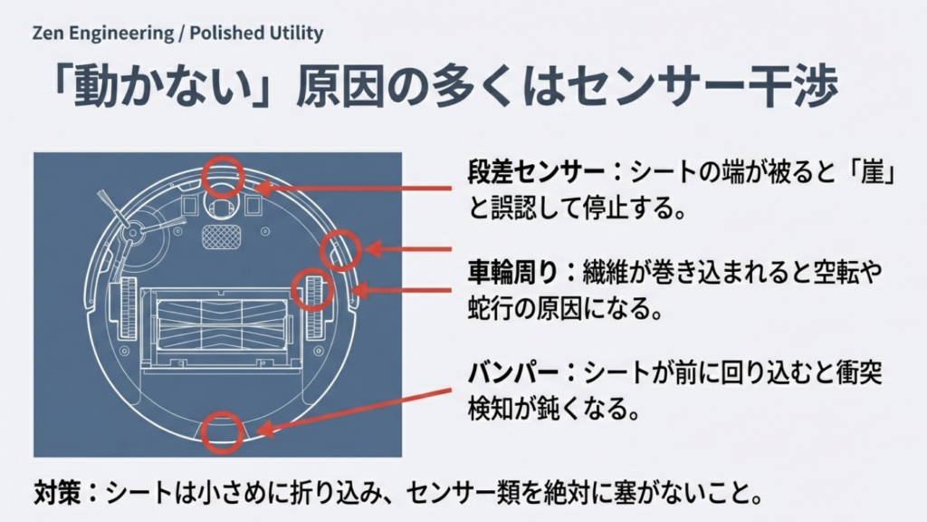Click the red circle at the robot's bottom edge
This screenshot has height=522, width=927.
coord(222,431)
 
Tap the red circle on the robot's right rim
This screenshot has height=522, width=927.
coord(341,248)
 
